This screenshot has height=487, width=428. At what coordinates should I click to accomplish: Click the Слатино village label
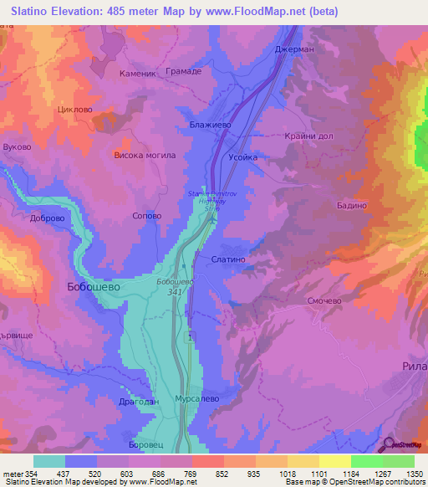[228, 260]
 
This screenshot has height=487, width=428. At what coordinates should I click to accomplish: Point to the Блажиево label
[211, 125]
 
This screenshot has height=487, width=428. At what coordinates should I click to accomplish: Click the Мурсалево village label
[197, 400]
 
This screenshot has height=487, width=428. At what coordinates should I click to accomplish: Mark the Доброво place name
[47, 218]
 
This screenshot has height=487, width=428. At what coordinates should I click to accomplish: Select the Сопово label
[147, 215]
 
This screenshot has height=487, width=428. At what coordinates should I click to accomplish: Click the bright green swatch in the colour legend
[367, 461]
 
